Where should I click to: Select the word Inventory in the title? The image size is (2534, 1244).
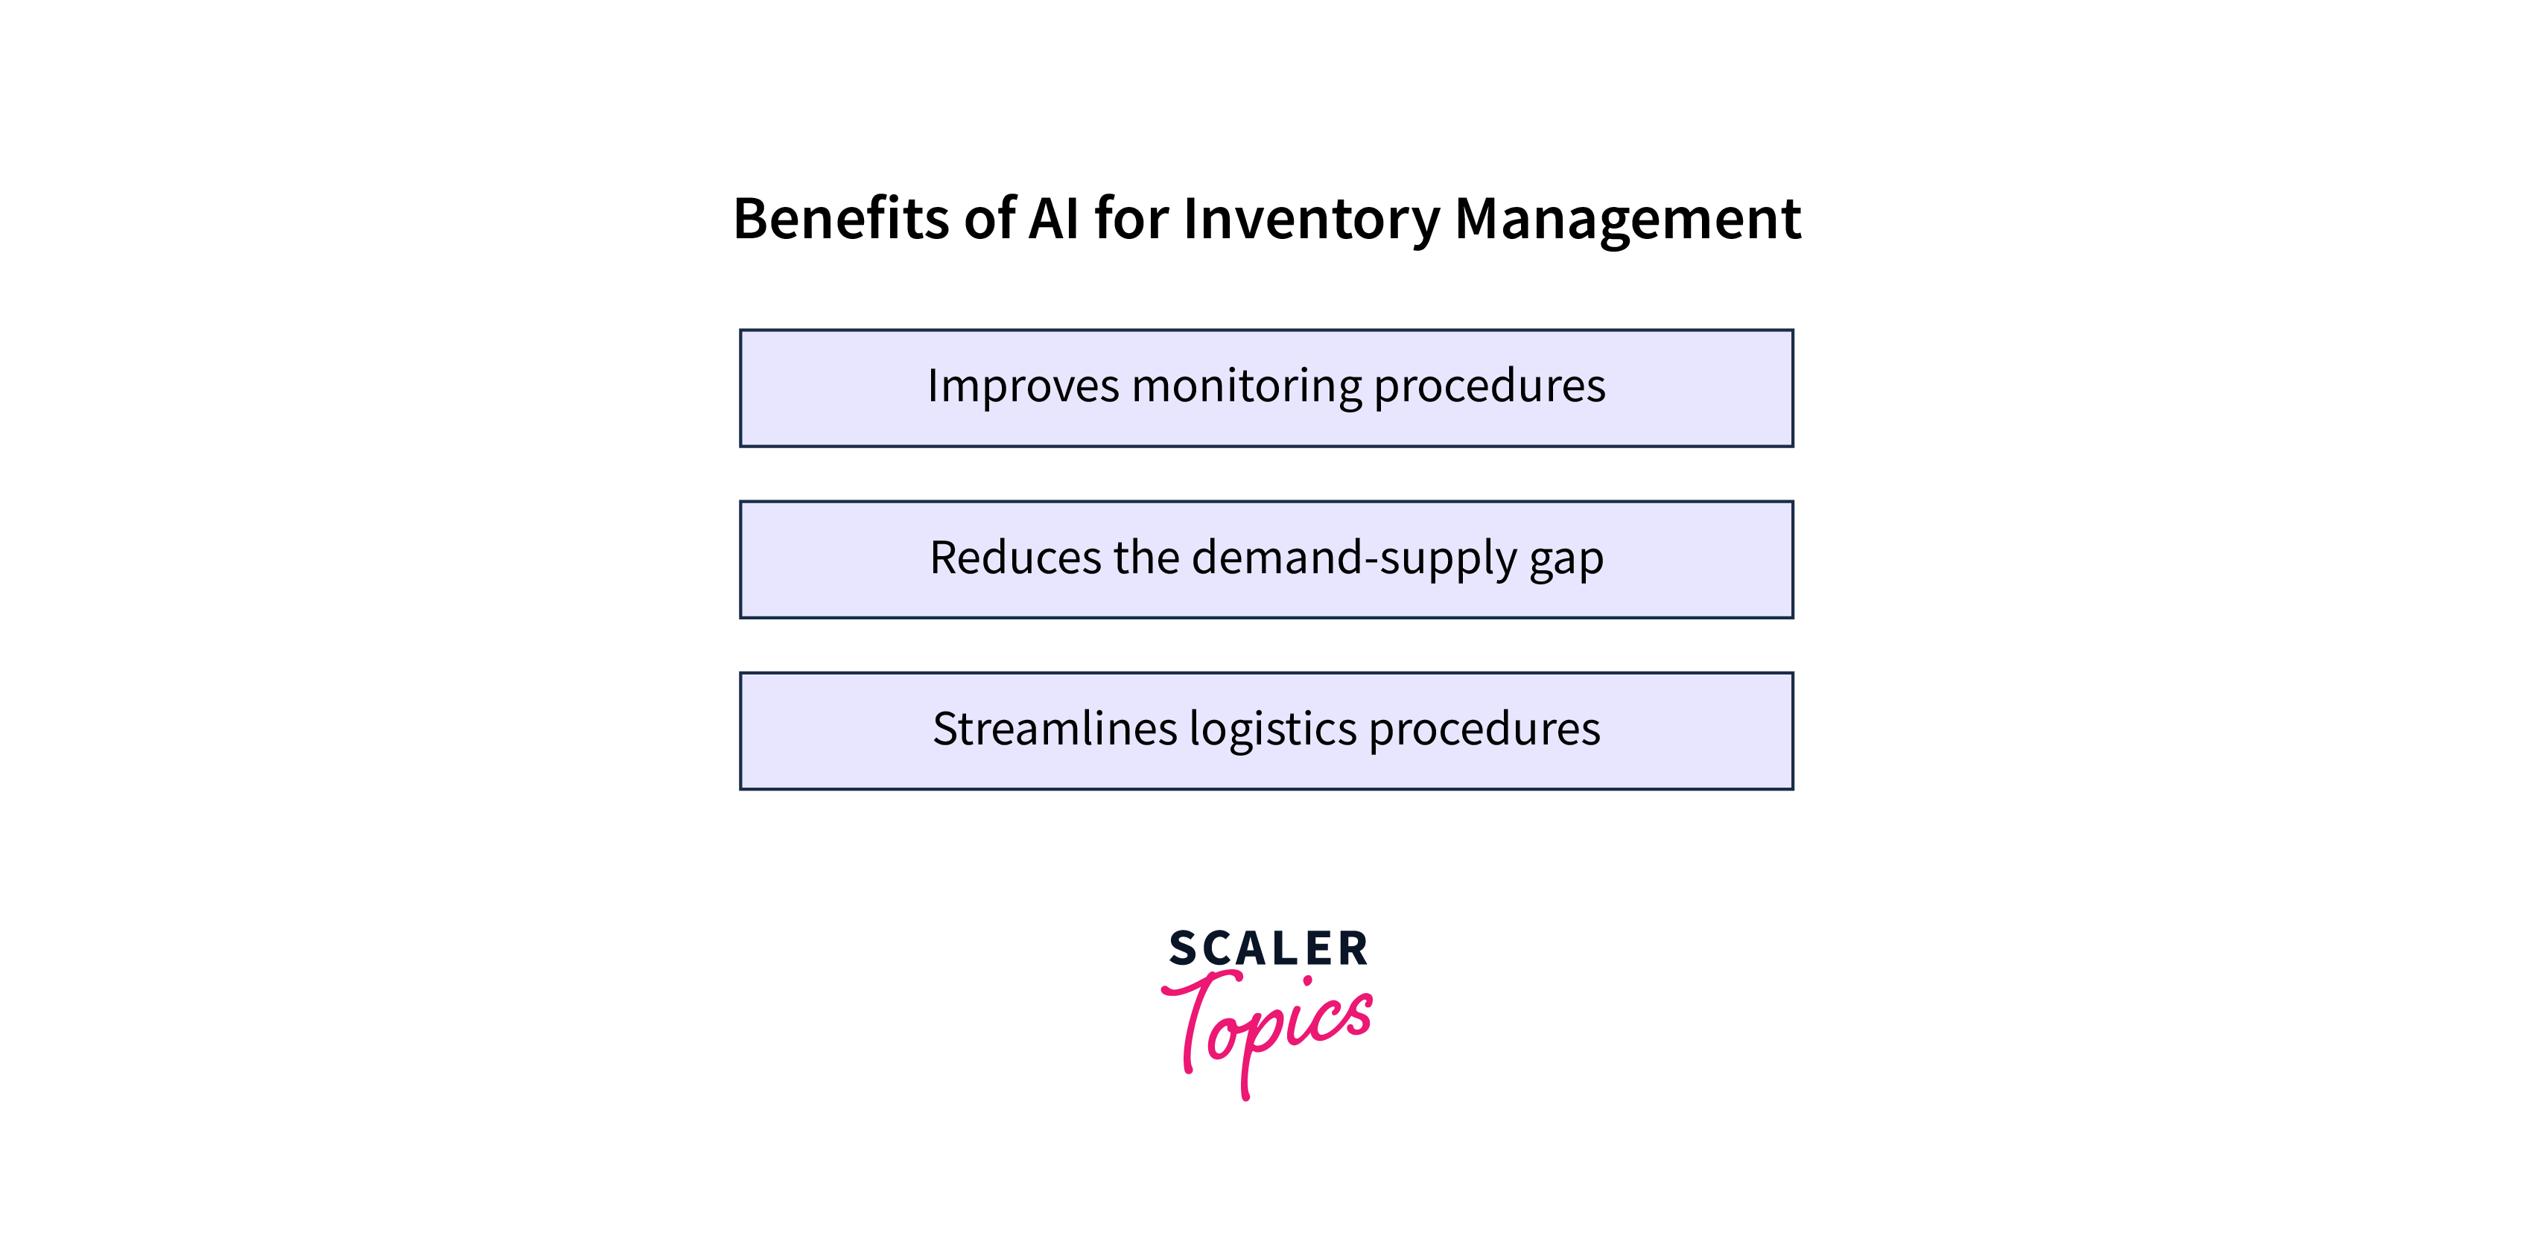point(1311,220)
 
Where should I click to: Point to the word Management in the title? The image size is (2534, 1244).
point(1627,220)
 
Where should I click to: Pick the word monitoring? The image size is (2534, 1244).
point(1245,386)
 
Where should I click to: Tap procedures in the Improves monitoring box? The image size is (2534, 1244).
point(1488,387)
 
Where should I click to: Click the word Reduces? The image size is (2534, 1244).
point(1015,558)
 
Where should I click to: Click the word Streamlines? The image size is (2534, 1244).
point(1055,729)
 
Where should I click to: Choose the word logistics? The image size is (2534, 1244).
point(1273,730)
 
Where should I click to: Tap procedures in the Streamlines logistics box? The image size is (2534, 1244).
point(1484,730)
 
